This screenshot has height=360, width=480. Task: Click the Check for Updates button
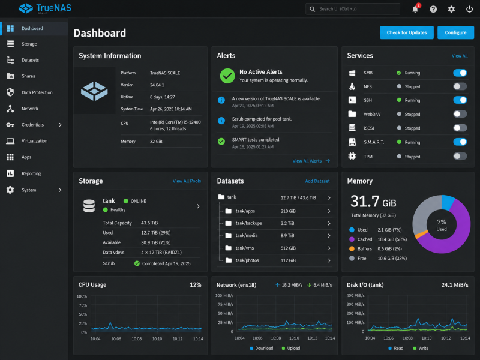(x=407, y=32)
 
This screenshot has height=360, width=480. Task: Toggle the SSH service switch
(x=460, y=100)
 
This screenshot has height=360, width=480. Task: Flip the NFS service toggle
(x=460, y=86)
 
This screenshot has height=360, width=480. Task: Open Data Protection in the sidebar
(x=37, y=92)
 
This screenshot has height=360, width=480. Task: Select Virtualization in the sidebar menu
(x=35, y=141)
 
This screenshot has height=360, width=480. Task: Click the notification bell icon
(x=415, y=9)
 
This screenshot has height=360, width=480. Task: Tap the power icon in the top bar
(x=469, y=9)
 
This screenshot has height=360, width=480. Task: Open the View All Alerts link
(x=307, y=161)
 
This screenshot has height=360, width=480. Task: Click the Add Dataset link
(x=317, y=181)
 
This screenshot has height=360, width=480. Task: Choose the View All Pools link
(x=187, y=181)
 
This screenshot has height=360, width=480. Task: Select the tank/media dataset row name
(x=247, y=235)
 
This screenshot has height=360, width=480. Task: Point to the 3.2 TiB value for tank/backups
(x=287, y=223)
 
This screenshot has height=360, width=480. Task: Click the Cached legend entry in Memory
(x=365, y=239)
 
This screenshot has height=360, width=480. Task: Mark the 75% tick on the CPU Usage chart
(x=83, y=305)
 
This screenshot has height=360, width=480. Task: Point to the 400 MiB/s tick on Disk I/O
(x=355, y=295)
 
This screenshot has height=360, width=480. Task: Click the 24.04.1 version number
(x=157, y=85)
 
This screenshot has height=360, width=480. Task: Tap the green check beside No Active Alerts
(x=227, y=76)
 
